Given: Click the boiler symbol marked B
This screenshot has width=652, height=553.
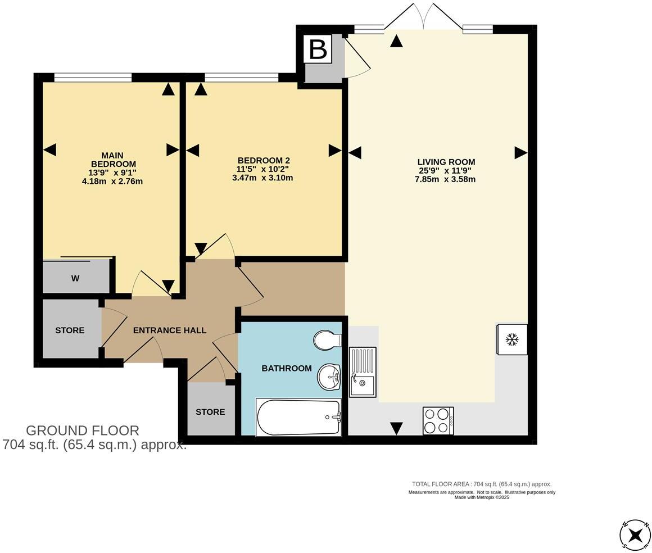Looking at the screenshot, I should pyautogui.click(x=318, y=49).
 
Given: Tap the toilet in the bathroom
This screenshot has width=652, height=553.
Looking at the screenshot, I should pyautogui.click(x=328, y=341).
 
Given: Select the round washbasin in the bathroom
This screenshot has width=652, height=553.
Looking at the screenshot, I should pyautogui.click(x=329, y=377).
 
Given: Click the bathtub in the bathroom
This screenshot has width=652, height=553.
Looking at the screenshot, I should pyautogui.click(x=299, y=418).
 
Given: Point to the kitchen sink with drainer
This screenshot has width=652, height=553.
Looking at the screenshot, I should pyautogui.click(x=363, y=372).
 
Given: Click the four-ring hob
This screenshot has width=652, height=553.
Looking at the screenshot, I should pyautogui.click(x=438, y=420).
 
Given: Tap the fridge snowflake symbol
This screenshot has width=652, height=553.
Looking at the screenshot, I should pyautogui.click(x=511, y=339).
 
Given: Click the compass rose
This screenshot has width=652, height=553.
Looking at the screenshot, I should pyautogui.click(x=635, y=534).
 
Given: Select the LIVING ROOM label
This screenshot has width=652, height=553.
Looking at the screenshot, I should pyautogui.click(x=446, y=162).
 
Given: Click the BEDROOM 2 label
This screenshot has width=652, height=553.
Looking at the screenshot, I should pyautogui.click(x=264, y=160).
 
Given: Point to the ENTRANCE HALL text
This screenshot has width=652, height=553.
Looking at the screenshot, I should pyautogui.click(x=170, y=330).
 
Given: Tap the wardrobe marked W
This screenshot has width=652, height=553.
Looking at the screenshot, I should pyautogui.click(x=75, y=278).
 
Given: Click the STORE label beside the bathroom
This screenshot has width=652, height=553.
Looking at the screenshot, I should pyautogui.click(x=210, y=412).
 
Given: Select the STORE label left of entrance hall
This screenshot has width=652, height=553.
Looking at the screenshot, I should pyautogui.click(x=70, y=330).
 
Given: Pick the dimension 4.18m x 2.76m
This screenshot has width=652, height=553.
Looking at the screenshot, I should pyautogui.click(x=112, y=181).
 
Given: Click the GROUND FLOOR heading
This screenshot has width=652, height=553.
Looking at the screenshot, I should pyautogui.click(x=83, y=430).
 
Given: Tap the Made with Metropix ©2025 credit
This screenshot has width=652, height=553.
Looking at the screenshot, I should pyautogui.click(x=482, y=497).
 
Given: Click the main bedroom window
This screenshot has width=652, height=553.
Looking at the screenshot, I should pyautogui.click(x=93, y=78).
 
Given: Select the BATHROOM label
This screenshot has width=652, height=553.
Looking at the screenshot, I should pyautogui.click(x=287, y=369).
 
